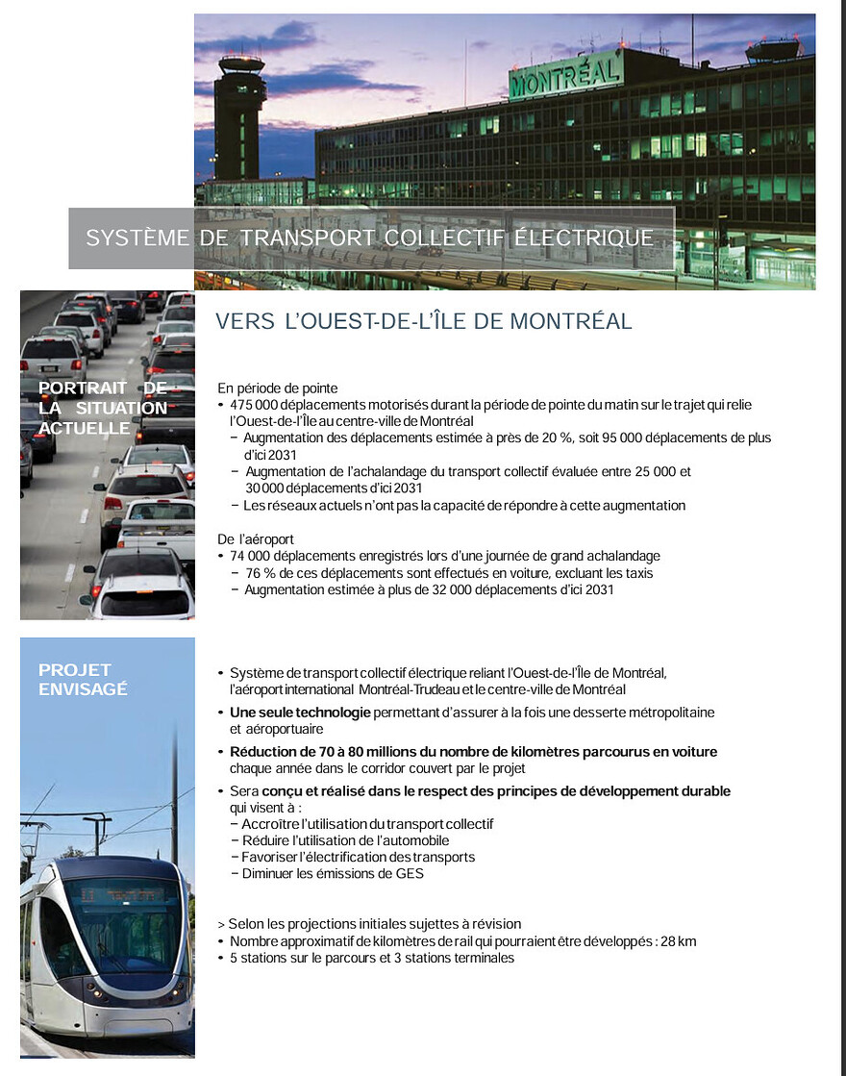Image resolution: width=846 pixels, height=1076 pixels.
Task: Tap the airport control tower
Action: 239,115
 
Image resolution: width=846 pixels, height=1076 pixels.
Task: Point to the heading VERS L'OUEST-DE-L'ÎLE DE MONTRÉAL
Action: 423,321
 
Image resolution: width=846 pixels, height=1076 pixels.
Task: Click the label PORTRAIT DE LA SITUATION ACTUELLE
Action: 103,408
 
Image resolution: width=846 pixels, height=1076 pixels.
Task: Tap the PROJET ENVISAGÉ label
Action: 83,679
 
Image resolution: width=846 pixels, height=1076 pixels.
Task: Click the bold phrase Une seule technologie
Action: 300,713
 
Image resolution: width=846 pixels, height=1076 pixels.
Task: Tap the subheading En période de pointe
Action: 278,388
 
